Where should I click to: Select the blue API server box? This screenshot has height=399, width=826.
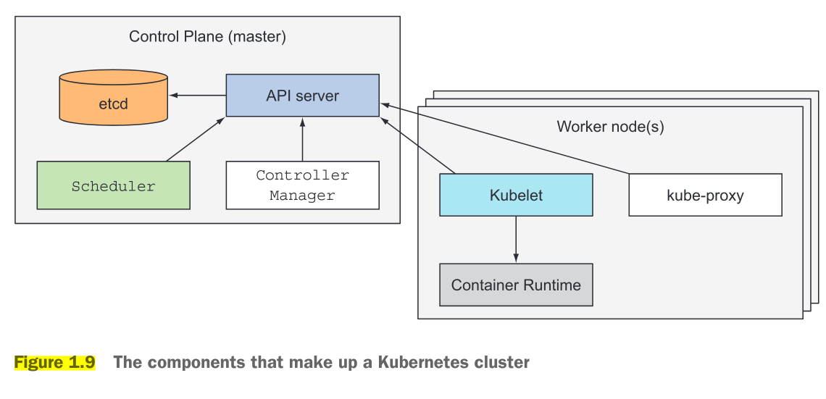click(302, 95)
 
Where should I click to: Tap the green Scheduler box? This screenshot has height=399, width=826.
click(113, 185)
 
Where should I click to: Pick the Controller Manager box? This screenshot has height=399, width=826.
click(302, 185)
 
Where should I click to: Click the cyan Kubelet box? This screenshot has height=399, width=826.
click(516, 195)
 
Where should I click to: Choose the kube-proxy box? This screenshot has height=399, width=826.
click(705, 195)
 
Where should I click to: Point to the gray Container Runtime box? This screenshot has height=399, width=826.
click(516, 285)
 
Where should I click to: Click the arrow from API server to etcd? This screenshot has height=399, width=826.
click(198, 95)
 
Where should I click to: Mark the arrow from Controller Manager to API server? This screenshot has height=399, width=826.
click(302, 139)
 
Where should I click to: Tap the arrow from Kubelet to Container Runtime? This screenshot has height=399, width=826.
click(516, 240)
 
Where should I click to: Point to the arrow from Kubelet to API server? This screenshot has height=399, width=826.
click(419, 146)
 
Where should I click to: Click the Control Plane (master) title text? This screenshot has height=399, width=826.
click(207, 37)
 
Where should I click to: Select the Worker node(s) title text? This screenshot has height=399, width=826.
click(610, 127)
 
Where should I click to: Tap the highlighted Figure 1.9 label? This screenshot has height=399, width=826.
click(54, 363)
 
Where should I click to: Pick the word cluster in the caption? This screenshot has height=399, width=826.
click(501, 363)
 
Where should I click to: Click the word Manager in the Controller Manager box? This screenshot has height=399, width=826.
click(302, 196)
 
